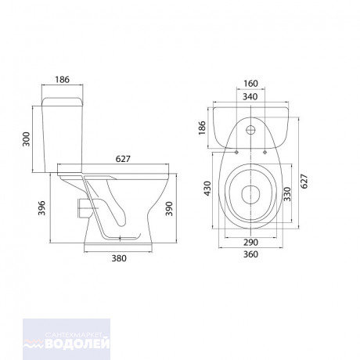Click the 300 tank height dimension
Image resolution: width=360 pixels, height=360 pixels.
coord(27,139)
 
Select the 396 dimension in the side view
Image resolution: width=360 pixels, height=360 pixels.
coord(41,208)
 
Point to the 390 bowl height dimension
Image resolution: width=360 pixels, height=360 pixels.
coord(170,208)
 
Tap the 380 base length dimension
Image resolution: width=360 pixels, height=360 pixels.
coord(119,258)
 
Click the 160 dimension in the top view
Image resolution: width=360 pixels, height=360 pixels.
coord(250,84)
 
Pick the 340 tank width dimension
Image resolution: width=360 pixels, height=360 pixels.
coord(250,97)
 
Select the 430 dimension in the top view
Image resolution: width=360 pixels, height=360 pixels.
coord(207,189)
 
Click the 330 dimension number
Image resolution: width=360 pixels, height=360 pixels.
coord(287,194)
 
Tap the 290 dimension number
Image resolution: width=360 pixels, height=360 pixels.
coord(250,243)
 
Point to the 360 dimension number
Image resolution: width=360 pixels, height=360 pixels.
coord(250,254)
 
